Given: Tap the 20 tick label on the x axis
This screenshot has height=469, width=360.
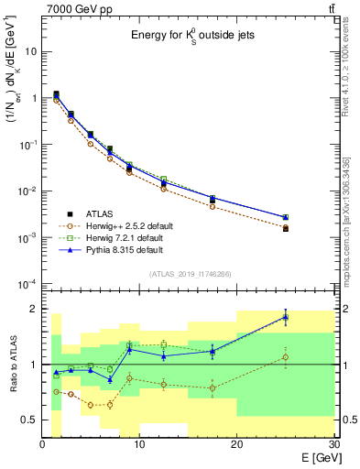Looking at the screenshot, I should click(x=236, y=444).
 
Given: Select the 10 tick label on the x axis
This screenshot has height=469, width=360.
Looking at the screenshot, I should click(x=139, y=444).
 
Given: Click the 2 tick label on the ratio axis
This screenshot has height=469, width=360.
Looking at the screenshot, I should click(x=35, y=309).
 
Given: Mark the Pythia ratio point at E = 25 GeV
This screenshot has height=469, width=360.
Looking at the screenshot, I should click(x=285, y=317).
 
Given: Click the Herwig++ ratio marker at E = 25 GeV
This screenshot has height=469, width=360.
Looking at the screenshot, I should click(x=285, y=357).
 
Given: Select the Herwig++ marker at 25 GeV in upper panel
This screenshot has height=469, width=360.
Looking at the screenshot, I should click(x=285, y=227).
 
